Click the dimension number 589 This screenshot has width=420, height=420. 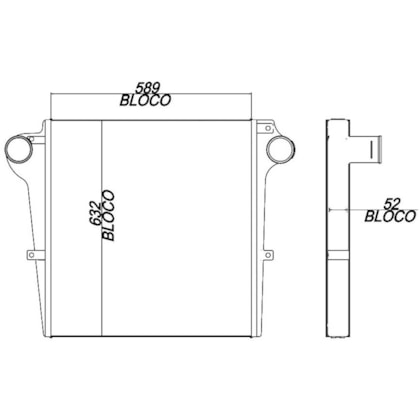147,87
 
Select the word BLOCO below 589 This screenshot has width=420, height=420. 147,101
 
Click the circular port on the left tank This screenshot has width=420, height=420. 20,151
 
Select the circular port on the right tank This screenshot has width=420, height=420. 279,151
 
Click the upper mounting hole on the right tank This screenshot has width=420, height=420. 268,128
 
